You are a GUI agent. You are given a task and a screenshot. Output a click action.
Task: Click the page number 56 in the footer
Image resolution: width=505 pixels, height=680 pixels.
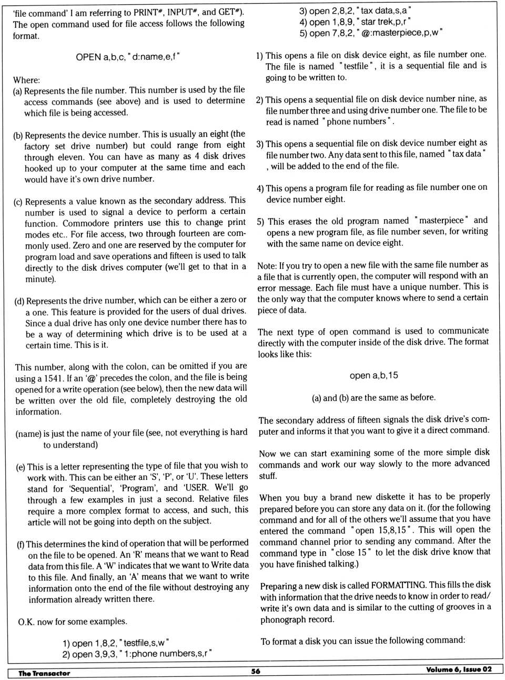(256, 671)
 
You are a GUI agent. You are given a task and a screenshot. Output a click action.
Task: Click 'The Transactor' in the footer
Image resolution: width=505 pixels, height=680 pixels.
(44, 673)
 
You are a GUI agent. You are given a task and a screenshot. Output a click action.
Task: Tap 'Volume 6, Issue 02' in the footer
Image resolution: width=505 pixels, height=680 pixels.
(459, 669)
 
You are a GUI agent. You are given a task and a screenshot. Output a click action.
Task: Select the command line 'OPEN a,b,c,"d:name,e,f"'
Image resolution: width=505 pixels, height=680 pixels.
(128, 57)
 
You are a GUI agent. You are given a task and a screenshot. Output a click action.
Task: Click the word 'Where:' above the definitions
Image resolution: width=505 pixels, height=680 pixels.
(26, 80)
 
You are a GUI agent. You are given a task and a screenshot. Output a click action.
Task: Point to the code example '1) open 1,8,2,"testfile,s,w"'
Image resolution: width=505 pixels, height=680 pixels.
(116, 643)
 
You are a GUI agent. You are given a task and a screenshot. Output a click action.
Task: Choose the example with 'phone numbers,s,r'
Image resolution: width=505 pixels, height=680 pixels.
(137, 654)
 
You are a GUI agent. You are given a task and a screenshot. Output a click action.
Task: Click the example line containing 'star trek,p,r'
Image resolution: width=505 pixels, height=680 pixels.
(355, 22)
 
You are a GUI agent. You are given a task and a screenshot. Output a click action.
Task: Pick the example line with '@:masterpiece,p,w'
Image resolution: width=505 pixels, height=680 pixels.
(371, 33)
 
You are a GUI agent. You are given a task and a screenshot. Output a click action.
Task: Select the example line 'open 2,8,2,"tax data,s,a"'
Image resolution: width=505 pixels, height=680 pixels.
(355, 11)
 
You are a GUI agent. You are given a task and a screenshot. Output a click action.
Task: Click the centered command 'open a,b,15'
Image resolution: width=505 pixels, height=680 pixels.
(373, 375)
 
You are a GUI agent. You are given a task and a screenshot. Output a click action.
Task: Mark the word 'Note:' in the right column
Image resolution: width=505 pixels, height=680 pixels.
(267, 265)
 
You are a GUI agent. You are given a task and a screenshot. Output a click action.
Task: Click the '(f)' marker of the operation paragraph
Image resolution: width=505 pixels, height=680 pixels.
(21, 543)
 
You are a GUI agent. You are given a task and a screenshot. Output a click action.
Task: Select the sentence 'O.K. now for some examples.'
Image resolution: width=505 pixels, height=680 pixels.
(73, 622)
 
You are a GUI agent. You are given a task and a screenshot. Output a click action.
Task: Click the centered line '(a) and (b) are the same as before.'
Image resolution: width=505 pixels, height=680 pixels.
(373, 398)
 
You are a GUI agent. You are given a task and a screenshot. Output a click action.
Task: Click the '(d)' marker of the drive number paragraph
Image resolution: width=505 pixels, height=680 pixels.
(19, 301)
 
